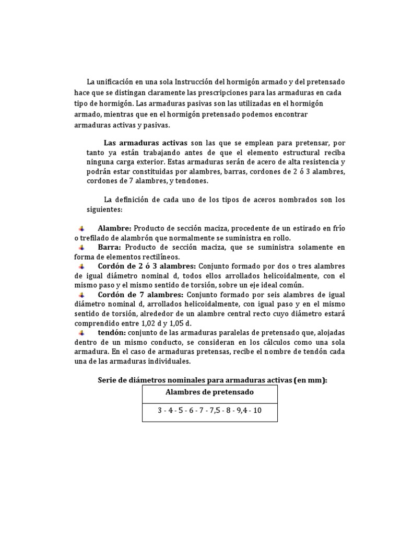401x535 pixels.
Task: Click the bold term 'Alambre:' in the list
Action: point(115,228)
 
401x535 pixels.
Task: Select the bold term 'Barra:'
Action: point(110,247)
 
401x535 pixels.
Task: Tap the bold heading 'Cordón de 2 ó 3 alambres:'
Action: point(147,266)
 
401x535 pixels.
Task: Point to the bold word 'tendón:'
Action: point(112,333)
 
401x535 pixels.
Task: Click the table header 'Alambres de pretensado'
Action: point(209,392)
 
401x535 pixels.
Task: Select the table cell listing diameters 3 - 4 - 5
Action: point(209,411)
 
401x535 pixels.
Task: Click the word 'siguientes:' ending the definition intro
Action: point(104,209)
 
